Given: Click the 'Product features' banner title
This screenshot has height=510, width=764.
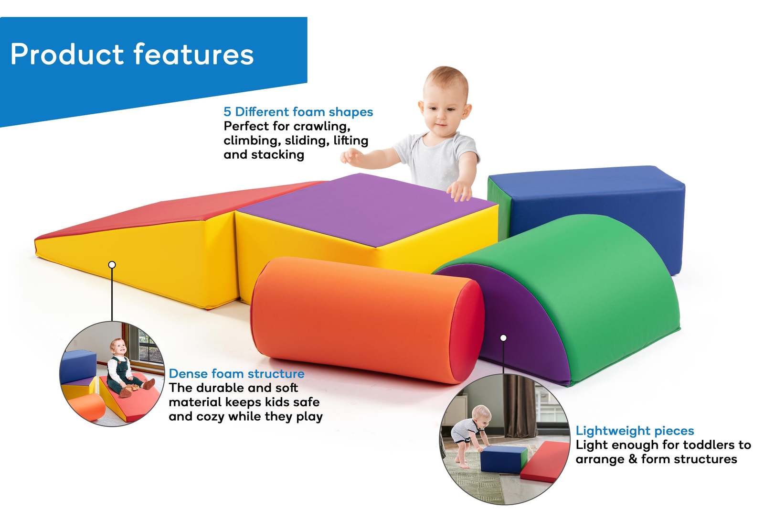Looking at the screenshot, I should (x=132, y=54).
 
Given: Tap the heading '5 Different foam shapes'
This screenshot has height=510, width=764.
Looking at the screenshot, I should (x=298, y=112).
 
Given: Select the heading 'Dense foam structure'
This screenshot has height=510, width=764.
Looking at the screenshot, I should (x=236, y=374).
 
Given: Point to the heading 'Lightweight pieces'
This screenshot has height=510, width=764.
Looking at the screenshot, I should (x=635, y=431).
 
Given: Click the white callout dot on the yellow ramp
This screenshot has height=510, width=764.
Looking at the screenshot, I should (x=112, y=264).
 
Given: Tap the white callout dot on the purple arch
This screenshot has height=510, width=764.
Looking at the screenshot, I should (x=503, y=338).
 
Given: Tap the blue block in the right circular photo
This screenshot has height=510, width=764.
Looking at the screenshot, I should (x=501, y=459).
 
